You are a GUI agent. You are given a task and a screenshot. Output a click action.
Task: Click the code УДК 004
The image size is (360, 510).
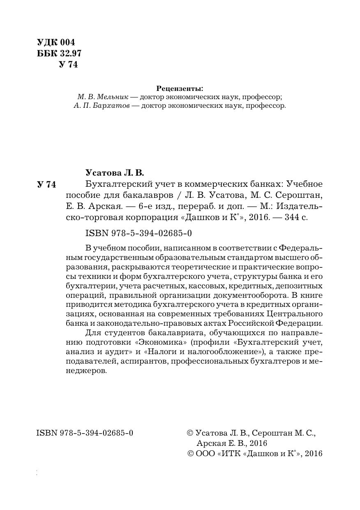56,42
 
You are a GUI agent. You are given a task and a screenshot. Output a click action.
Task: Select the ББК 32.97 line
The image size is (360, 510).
59,53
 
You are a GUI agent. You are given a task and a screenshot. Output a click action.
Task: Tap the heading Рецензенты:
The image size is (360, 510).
180,88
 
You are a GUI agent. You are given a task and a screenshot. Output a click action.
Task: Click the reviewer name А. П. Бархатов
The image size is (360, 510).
100,106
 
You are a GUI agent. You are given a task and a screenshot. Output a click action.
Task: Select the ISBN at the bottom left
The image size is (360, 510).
85,433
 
